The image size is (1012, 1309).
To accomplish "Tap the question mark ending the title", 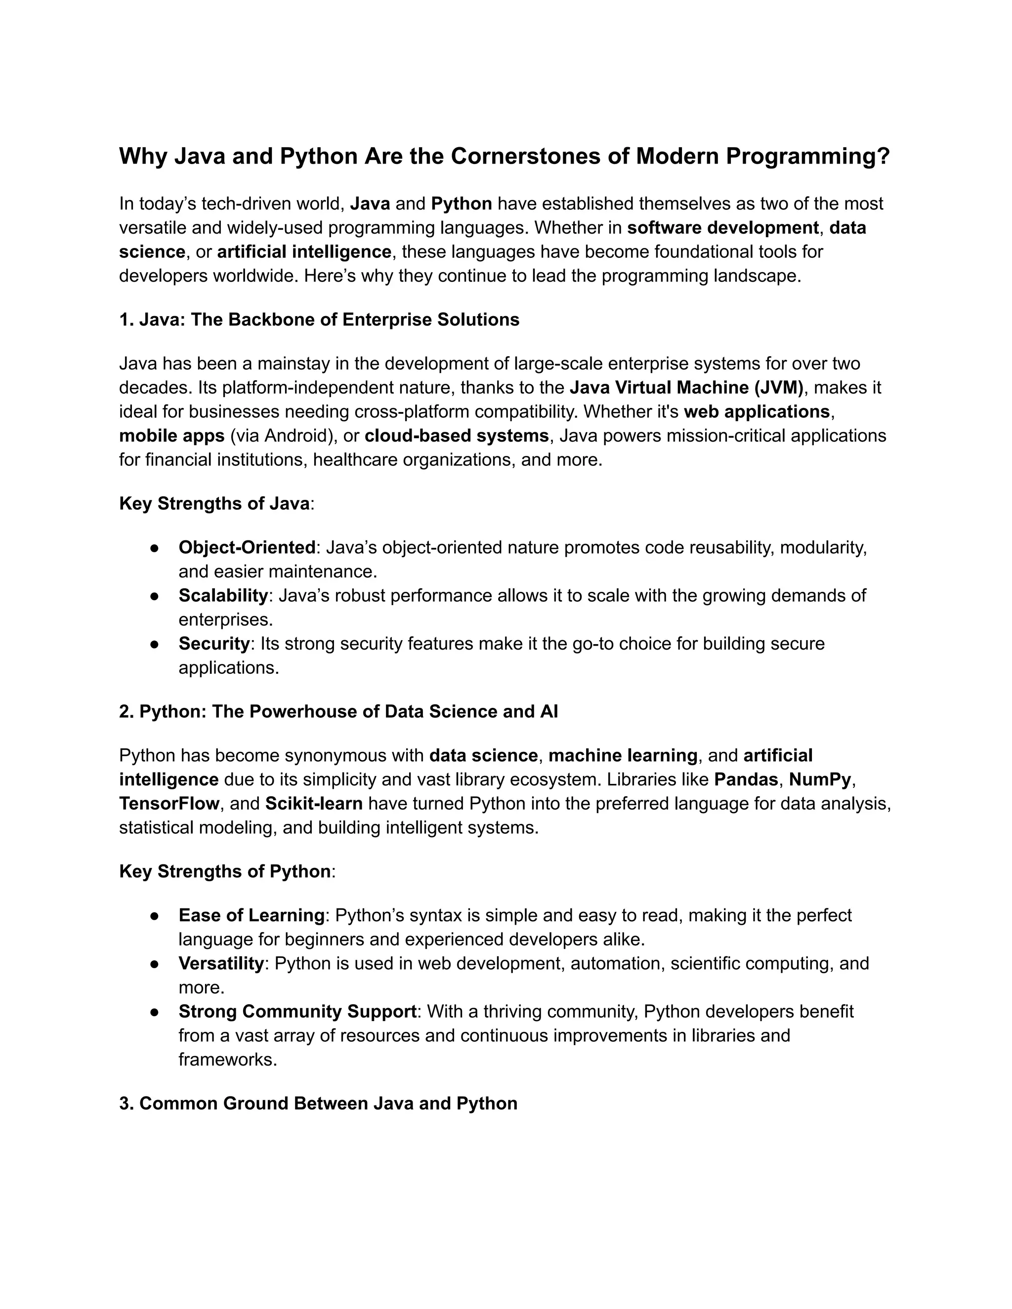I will pyautogui.click(x=883, y=157).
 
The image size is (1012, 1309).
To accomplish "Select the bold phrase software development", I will pyautogui.click(x=722, y=228).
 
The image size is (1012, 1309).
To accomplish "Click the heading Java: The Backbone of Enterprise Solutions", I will pyautogui.click(x=319, y=320).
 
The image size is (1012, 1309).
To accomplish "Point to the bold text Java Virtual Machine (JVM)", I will pyautogui.click(x=686, y=388).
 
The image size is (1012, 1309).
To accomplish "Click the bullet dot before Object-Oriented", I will pyautogui.click(x=154, y=548).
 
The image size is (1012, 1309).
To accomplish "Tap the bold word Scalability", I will pyautogui.click(x=223, y=596).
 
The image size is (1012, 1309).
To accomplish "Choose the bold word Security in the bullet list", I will pyautogui.click(x=214, y=644).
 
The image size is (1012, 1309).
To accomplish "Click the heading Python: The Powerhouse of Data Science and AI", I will pyautogui.click(x=338, y=711).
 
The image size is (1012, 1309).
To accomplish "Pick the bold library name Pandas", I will pyautogui.click(x=746, y=780).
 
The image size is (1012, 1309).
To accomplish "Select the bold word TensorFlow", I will pyautogui.click(x=169, y=804).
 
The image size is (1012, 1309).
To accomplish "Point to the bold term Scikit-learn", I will pyautogui.click(x=314, y=804).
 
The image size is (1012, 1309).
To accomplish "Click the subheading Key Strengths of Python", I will pyautogui.click(x=225, y=871).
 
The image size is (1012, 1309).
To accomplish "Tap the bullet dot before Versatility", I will pyautogui.click(x=154, y=964).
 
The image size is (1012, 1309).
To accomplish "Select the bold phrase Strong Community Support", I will pyautogui.click(x=297, y=1012).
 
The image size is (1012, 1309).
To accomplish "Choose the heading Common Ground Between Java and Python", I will pyautogui.click(x=318, y=1104).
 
